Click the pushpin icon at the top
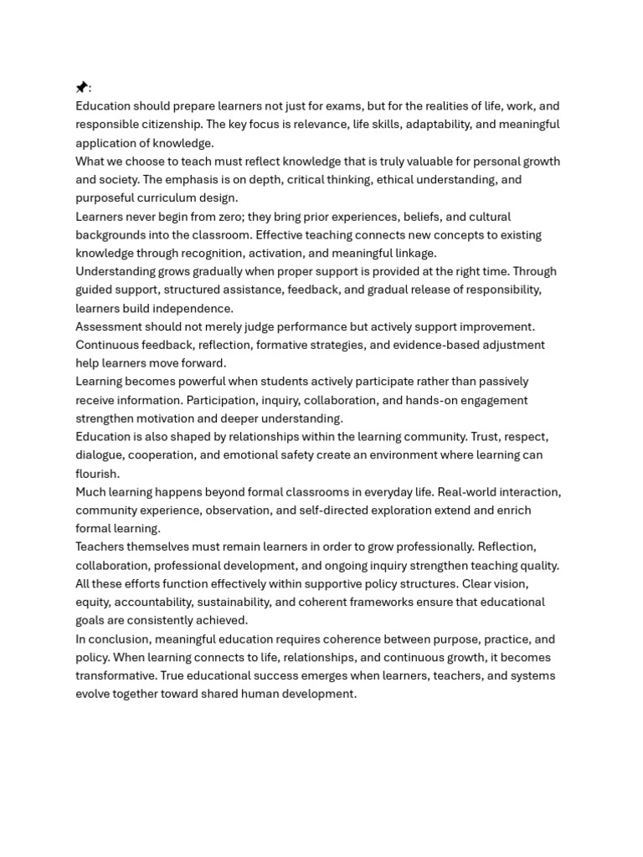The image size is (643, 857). coord(81,87)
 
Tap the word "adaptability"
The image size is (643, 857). coord(438,125)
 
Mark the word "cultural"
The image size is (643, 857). coord(486,217)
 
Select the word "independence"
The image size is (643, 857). coord(193,309)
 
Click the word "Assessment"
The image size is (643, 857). coord(108,326)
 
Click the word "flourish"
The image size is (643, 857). coord(96,474)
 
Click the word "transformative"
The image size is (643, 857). coord(116,676)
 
